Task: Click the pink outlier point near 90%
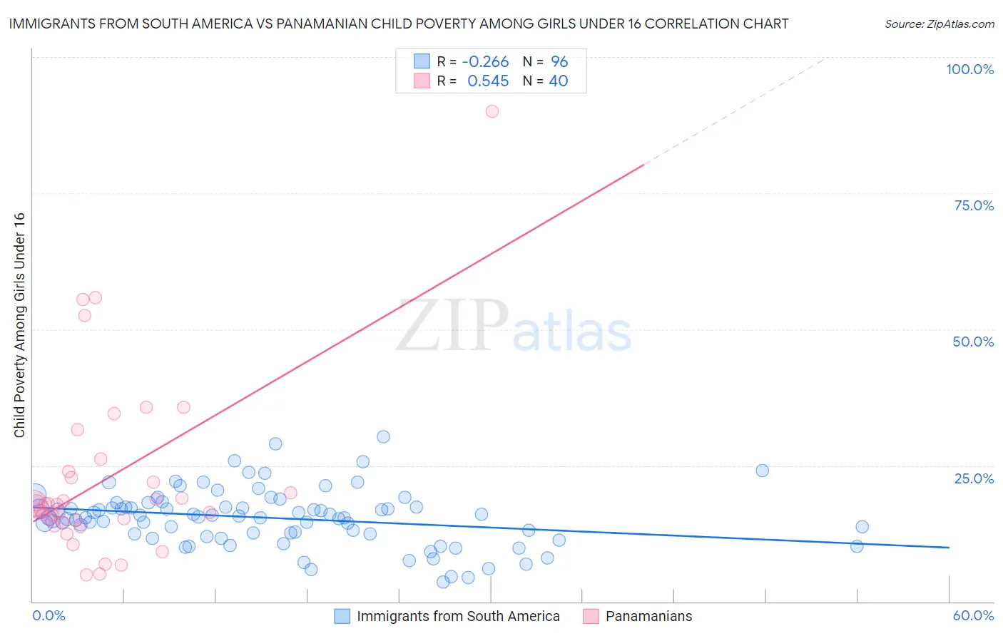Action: (x=492, y=111)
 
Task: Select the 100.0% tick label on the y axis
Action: (x=969, y=69)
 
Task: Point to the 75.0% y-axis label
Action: (x=974, y=205)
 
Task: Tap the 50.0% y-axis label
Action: (x=973, y=342)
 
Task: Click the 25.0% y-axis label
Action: (x=974, y=478)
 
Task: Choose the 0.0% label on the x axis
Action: (x=49, y=615)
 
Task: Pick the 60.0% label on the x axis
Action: (x=973, y=615)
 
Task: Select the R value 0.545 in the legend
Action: (x=488, y=81)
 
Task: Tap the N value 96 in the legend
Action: (x=559, y=62)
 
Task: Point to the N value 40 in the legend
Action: (x=559, y=81)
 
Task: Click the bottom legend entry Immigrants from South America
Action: (x=458, y=616)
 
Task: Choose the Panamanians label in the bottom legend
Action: (x=648, y=616)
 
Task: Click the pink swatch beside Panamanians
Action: (x=591, y=616)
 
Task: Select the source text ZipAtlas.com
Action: (x=939, y=24)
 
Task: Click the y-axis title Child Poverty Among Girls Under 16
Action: (x=19, y=325)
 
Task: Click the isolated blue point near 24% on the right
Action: (x=762, y=471)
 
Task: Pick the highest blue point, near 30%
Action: (x=383, y=437)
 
